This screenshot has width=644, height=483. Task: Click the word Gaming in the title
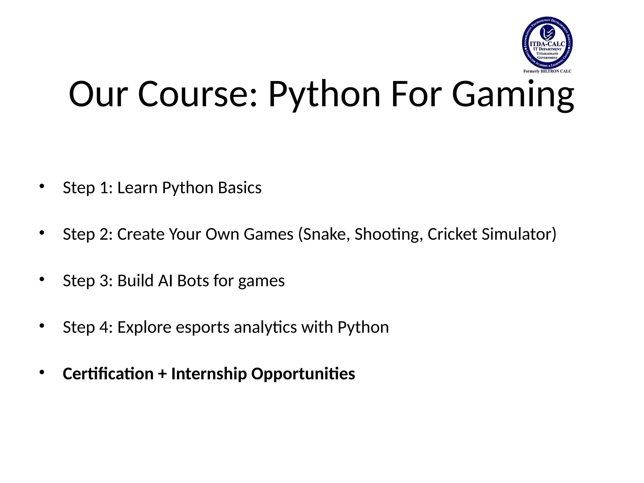513,94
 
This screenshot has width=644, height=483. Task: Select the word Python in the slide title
324,94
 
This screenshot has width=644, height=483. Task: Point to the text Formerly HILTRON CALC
547,71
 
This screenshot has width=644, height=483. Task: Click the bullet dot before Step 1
42,186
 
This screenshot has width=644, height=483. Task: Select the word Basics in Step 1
240,188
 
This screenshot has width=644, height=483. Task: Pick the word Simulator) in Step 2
519,234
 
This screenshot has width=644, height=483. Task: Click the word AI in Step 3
165,281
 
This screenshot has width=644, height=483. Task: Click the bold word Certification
108,374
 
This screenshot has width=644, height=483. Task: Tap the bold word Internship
209,374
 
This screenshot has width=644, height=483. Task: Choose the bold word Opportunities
303,374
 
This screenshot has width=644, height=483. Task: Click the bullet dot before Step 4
42,326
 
